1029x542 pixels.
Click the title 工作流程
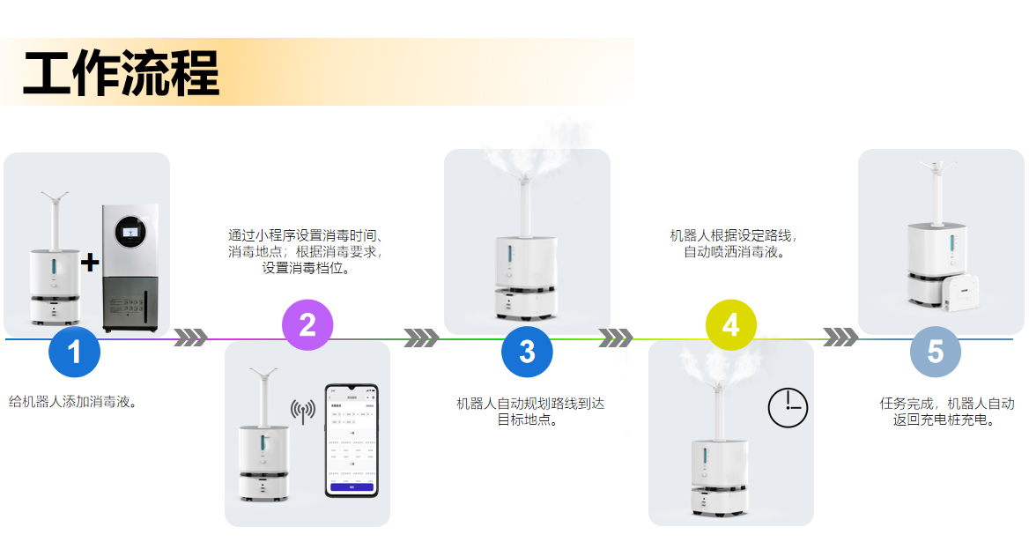pyautogui.click(x=121, y=74)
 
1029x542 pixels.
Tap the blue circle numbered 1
pyautogui.click(x=74, y=352)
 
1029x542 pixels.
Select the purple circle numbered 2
pyautogui.click(x=307, y=325)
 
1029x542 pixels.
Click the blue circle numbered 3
pyautogui.click(x=527, y=352)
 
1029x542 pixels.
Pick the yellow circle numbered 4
pyautogui.click(x=731, y=325)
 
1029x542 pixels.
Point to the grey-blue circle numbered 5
pyautogui.click(x=935, y=352)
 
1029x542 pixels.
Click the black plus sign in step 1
pyautogui.click(x=90, y=263)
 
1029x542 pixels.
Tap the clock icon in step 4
pyautogui.click(x=788, y=407)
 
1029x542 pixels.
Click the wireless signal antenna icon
pyautogui.click(x=303, y=411)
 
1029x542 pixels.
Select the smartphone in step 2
pyautogui.click(x=352, y=440)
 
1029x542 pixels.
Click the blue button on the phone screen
pyautogui.click(x=352, y=486)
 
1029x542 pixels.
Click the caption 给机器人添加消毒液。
pyautogui.click(x=73, y=402)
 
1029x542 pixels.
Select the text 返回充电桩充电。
pyautogui.click(x=944, y=420)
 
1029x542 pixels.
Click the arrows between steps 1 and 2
pyautogui.click(x=190, y=338)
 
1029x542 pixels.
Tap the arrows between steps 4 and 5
pyautogui.click(x=840, y=338)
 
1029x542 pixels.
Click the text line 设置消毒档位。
pyautogui.click(x=306, y=268)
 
